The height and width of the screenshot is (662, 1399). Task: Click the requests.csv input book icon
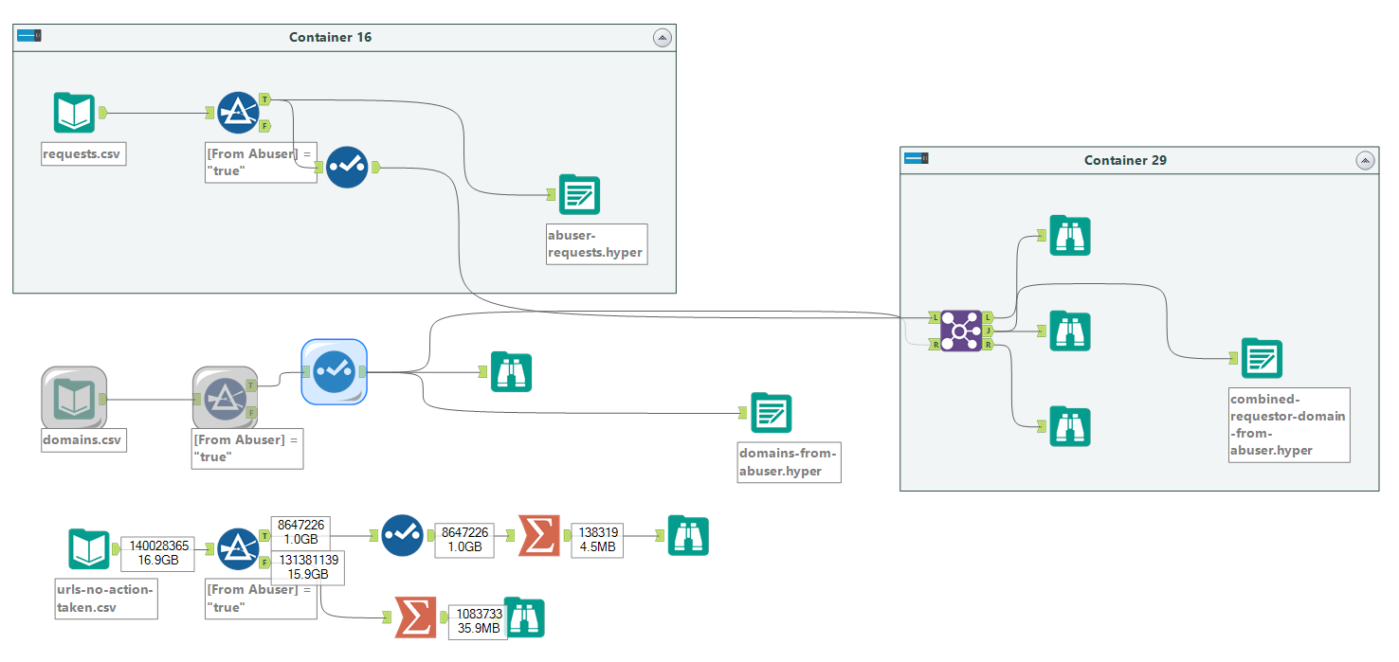pos(74,113)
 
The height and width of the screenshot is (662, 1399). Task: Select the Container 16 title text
pos(330,37)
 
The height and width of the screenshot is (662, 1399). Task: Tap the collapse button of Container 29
pos(1365,160)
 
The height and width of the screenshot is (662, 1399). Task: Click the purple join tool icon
pos(961,331)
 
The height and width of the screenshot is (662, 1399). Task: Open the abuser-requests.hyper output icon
pos(579,195)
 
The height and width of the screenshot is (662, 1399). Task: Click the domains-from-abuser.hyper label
pos(789,462)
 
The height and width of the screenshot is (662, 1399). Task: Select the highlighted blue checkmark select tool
pos(334,372)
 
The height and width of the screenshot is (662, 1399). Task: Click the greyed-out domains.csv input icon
pos(74,399)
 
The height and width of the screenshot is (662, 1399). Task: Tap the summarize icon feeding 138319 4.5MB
pos(538,536)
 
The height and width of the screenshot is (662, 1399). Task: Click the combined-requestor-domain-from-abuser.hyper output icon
pos(1262,358)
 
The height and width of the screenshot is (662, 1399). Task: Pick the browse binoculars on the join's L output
pos(1070,236)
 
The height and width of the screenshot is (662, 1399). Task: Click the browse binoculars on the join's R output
pos(1070,427)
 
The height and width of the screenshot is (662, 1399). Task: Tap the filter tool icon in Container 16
pos(238,113)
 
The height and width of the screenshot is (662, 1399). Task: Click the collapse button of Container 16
pos(663,37)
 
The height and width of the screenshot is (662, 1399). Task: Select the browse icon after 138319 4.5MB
pos(688,536)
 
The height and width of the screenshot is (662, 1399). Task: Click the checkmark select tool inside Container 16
pos(347,168)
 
